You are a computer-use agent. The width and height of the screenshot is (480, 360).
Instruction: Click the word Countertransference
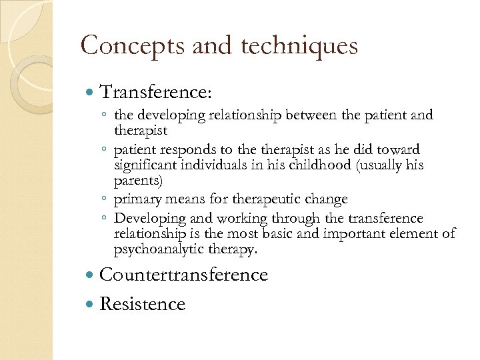tap(183, 275)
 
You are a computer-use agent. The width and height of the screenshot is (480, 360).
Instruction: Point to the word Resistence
tap(142, 304)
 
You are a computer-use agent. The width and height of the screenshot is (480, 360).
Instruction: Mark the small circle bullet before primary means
tap(106, 200)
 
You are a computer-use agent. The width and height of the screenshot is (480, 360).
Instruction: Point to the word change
tap(326, 199)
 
